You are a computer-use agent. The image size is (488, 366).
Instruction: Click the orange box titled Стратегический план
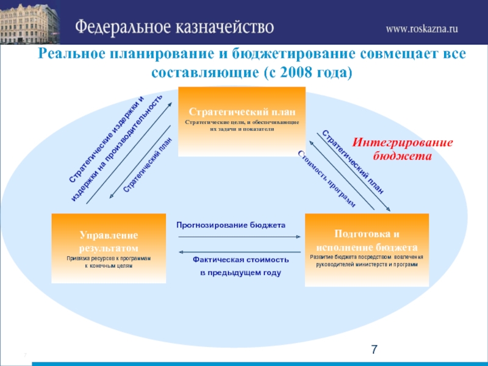(242, 120)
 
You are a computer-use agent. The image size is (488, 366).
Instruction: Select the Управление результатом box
(109, 248)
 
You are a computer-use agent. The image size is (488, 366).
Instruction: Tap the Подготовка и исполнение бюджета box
(366, 249)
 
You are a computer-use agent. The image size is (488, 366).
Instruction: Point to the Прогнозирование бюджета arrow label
(231, 225)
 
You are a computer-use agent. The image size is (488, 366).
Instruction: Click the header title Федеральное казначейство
(174, 27)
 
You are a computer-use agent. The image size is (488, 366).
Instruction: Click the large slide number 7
(375, 350)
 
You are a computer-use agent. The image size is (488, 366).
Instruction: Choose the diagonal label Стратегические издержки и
(107, 138)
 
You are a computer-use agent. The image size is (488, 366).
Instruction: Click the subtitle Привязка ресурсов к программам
(109, 259)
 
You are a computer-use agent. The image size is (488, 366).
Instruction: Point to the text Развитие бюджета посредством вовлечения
(366, 257)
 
